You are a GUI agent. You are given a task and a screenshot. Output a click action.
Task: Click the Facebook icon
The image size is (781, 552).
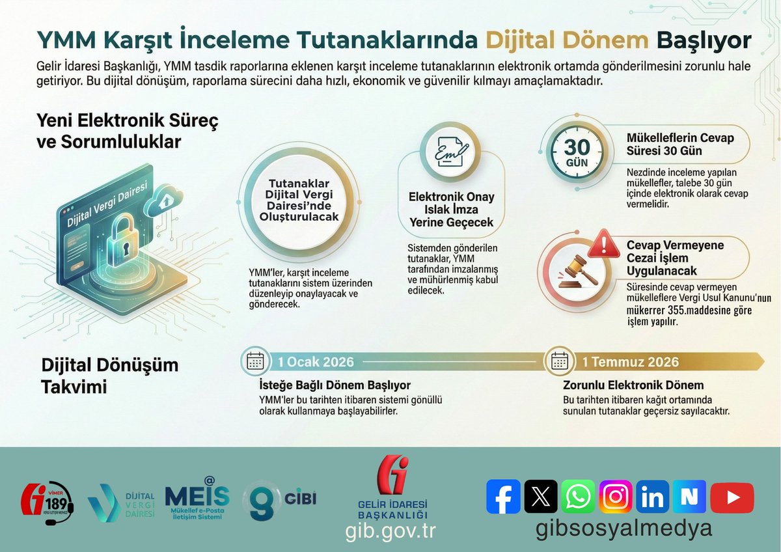[503, 497]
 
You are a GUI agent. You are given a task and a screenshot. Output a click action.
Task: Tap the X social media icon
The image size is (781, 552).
[540, 497]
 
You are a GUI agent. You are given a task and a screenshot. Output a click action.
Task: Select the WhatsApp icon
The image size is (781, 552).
[577, 497]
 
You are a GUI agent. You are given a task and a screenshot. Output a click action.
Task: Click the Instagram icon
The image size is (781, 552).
[615, 497]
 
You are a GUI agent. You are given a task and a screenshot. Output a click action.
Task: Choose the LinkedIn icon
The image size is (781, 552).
[652, 497]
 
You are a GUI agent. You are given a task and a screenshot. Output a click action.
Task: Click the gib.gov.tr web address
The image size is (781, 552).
[390, 531]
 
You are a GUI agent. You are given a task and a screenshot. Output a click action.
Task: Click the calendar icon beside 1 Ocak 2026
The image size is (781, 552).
[255, 361]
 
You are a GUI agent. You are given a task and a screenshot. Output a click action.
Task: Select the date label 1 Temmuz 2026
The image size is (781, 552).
[630, 362]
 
